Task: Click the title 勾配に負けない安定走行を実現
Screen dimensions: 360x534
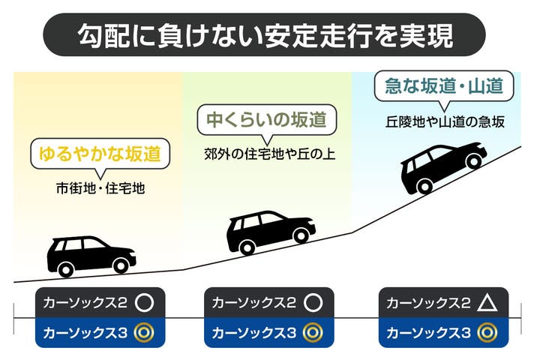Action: (266, 34)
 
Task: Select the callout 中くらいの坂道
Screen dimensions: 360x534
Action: (266, 119)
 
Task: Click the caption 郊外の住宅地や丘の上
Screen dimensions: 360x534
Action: (269, 154)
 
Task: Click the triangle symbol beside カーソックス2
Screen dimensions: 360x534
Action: (487, 304)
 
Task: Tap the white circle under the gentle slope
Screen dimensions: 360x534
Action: (144, 304)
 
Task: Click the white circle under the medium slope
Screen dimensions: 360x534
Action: (313, 304)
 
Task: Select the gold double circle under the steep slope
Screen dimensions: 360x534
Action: (487, 331)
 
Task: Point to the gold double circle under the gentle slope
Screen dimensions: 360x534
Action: (144, 331)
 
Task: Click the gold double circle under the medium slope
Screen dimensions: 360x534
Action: (313, 331)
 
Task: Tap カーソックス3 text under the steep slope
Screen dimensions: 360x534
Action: (428, 331)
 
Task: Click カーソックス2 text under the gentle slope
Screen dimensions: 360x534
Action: (85, 304)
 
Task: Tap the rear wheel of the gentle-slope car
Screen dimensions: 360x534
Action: (65, 268)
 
